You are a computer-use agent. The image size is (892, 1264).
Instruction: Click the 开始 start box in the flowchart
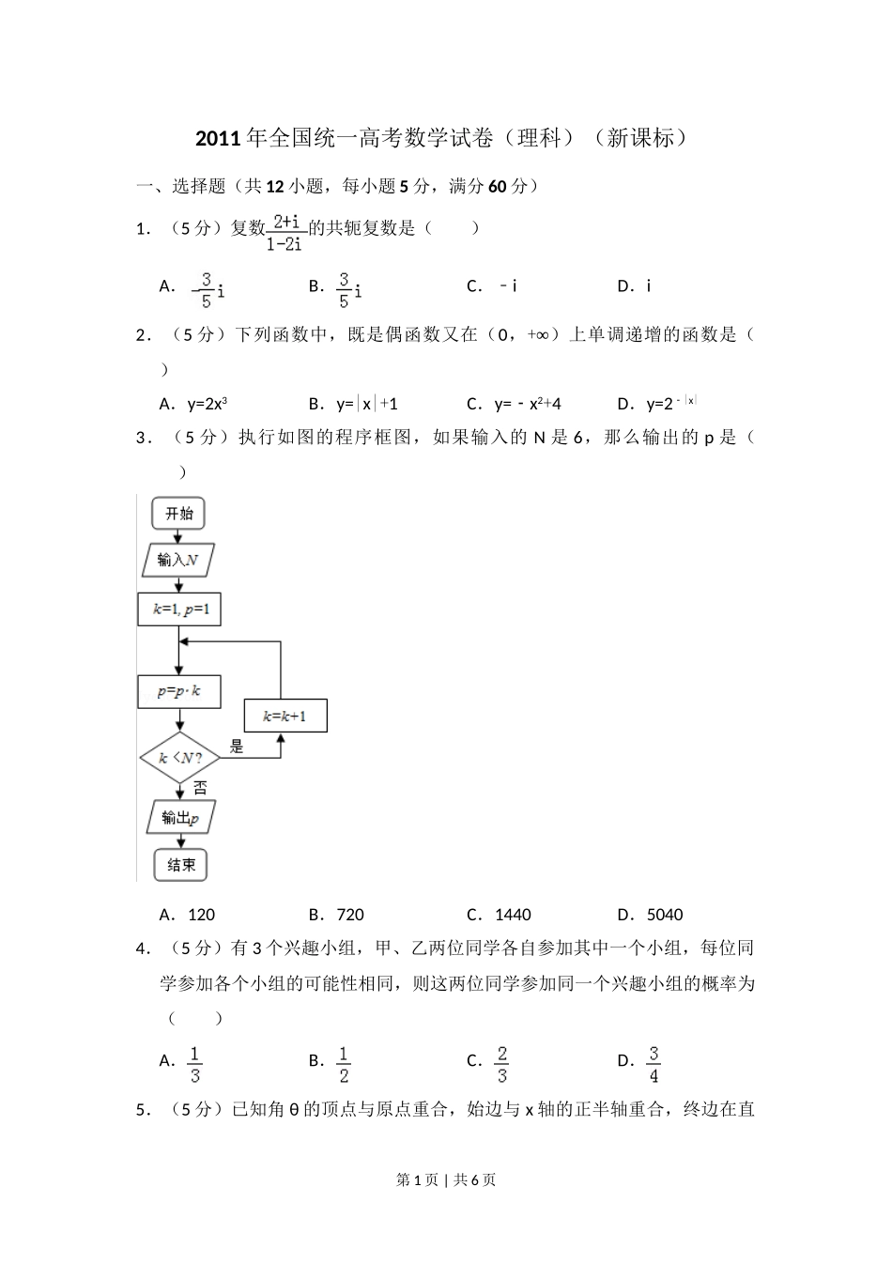(x=178, y=514)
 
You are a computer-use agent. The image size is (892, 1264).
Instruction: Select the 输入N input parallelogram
(x=178, y=560)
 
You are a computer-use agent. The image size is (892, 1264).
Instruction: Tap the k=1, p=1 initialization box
(x=179, y=609)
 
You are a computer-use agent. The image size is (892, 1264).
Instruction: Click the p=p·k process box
(x=179, y=691)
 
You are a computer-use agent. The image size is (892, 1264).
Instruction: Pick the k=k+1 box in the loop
(x=285, y=717)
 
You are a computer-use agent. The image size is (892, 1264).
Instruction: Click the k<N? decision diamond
(x=180, y=758)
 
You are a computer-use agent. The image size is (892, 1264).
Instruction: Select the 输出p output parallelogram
(x=181, y=818)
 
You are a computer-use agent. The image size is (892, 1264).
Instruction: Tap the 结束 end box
(x=180, y=865)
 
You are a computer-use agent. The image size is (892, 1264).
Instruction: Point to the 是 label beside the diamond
(x=237, y=748)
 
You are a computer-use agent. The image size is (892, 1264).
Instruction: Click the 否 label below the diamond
(x=200, y=788)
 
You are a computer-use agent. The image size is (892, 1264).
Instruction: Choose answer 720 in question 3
(x=350, y=915)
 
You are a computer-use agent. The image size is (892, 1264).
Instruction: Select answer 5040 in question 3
(x=665, y=915)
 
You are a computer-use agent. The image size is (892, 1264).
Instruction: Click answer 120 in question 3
(x=202, y=915)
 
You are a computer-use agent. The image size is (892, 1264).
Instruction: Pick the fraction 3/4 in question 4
(x=654, y=1064)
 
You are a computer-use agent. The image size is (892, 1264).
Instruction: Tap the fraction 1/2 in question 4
(x=344, y=1064)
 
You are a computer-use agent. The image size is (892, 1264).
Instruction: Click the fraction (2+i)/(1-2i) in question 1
(x=286, y=232)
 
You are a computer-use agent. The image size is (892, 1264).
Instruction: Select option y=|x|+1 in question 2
(x=367, y=404)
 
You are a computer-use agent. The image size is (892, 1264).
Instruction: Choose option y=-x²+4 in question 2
(x=528, y=404)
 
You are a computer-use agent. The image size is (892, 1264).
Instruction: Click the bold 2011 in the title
(x=219, y=138)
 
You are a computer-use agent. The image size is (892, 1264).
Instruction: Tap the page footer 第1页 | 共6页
(x=446, y=1179)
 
